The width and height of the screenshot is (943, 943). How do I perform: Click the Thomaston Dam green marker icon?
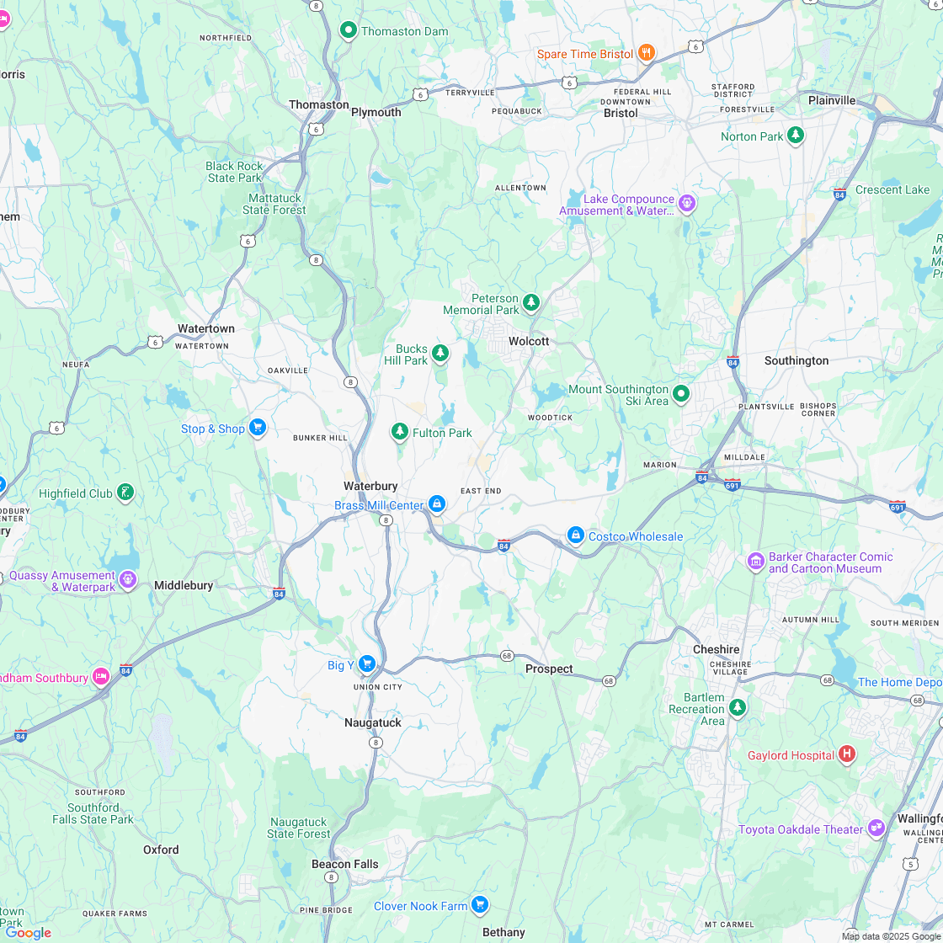click(349, 31)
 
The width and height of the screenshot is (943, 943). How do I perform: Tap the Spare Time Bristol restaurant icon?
click(647, 53)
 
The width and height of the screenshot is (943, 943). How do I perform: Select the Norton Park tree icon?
click(796, 136)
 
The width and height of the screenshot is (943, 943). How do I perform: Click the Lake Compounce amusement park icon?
click(687, 203)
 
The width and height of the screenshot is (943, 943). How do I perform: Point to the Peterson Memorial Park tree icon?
click(530, 302)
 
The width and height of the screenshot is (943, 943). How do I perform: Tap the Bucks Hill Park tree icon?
click(440, 353)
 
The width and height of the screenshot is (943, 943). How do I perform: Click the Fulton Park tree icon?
click(399, 432)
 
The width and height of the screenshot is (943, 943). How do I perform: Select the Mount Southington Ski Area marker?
click(681, 393)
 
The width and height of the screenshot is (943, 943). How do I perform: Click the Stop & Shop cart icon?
click(258, 428)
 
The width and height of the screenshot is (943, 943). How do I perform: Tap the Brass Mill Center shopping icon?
click(436, 504)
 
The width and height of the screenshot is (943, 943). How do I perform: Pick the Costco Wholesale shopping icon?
click(576, 535)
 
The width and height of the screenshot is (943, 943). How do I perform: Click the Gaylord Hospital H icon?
click(847, 754)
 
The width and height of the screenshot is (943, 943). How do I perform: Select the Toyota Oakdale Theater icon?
click(876, 828)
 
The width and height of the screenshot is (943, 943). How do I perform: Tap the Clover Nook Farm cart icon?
click(480, 905)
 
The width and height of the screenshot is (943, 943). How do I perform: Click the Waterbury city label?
click(370, 486)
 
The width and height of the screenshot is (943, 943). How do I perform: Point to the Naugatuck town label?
click(373, 722)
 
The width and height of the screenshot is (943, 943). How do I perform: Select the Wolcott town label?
click(529, 341)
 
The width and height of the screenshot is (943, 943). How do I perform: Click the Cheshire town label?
click(716, 649)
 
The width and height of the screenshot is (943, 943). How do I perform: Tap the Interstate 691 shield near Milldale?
click(733, 484)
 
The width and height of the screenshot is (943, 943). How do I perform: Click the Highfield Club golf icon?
click(125, 493)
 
